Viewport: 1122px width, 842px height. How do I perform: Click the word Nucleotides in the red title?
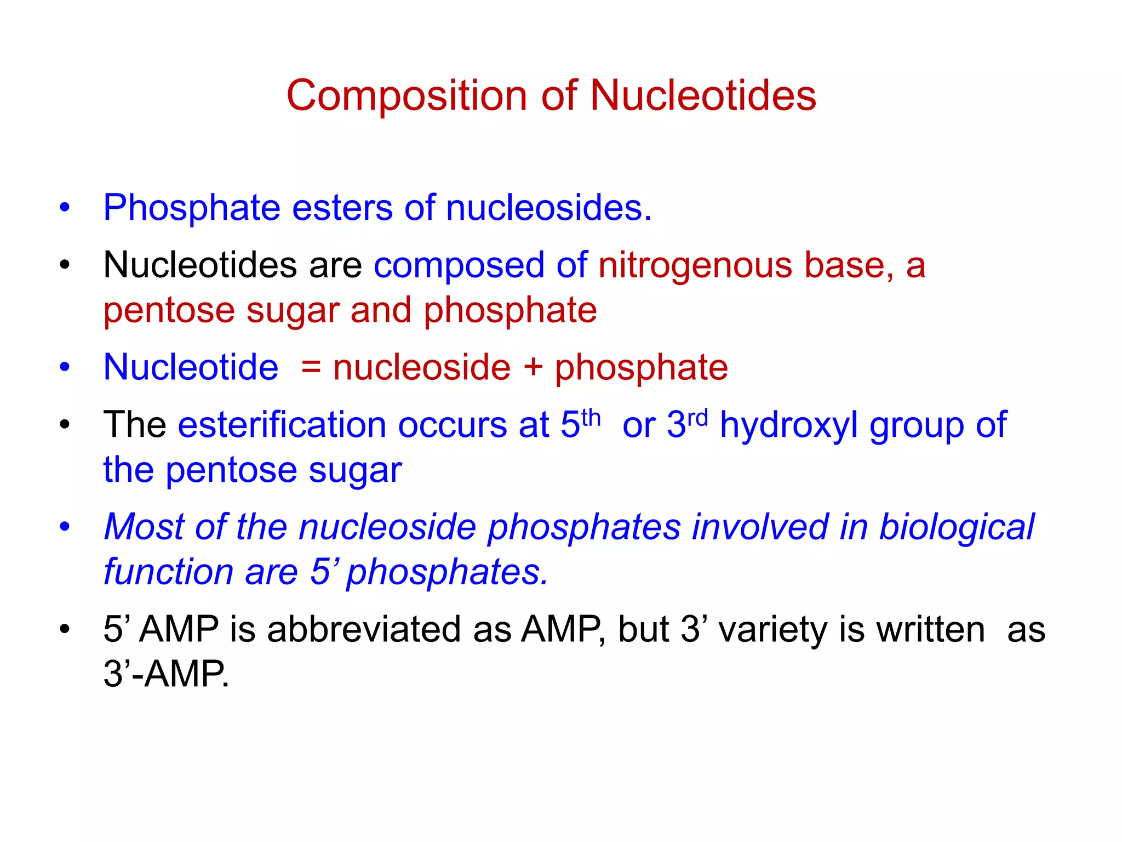point(703,96)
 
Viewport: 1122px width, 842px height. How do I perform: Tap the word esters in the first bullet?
point(342,208)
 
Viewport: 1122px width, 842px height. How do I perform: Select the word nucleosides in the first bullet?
point(548,208)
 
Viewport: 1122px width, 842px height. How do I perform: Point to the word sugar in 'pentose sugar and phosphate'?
point(293,311)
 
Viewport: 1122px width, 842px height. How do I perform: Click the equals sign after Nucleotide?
point(311,367)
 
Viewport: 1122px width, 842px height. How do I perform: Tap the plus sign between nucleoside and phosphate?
point(533,367)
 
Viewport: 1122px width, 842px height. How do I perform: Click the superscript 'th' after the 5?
point(591,417)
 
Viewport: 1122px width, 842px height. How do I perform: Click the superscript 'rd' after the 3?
point(697,417)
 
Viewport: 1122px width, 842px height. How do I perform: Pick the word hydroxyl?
point(789,426)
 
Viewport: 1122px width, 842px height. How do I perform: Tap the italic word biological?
point(957,527)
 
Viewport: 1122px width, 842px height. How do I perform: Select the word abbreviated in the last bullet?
point(364,629)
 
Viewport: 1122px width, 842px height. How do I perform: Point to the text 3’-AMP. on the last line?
point(166,674)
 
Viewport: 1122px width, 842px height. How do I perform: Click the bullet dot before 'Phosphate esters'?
point(65,208)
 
